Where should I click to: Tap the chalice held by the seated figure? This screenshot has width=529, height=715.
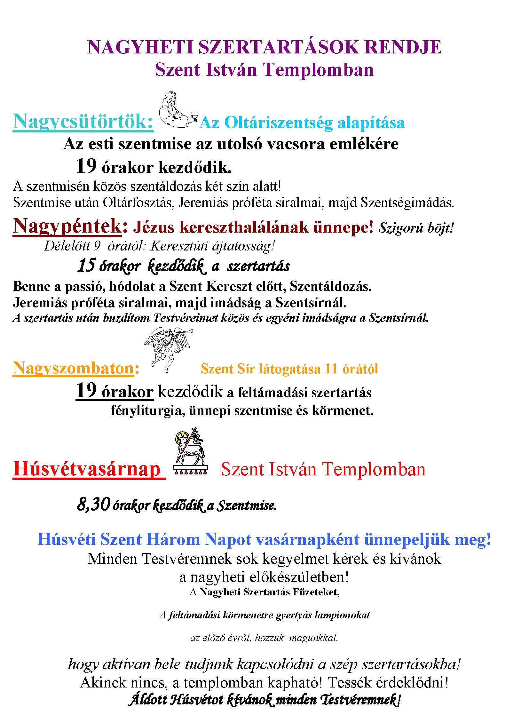[193, 115]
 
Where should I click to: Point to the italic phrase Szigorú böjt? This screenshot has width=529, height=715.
[416, 228]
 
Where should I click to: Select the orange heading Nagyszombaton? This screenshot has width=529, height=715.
[73, 368]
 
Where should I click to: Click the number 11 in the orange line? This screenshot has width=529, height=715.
[331, 369]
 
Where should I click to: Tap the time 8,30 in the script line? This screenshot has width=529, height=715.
[93, 505]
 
